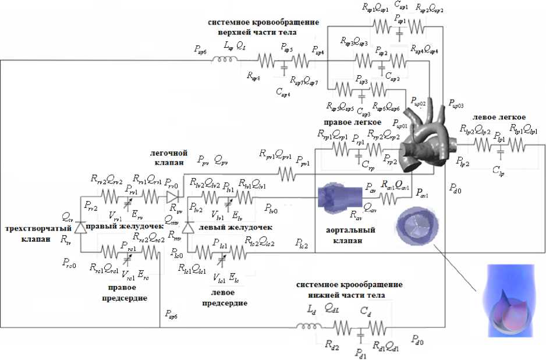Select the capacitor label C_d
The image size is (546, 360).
point(366,313)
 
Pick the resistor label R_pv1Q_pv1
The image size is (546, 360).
point(276,154)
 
